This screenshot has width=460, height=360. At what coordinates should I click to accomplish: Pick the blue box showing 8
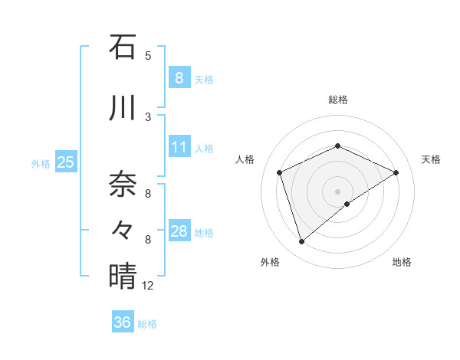pos(179,77)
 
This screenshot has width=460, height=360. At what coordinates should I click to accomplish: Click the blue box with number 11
pos(179,147)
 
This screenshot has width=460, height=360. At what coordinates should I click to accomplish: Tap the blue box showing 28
pos(179,231)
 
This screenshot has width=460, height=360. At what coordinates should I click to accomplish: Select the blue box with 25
pos(65,162)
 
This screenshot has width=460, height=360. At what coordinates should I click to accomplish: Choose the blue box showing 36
pos(122,322)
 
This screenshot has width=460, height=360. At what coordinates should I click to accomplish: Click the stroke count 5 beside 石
pos(148,55)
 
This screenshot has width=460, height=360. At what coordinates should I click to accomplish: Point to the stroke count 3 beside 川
pos(148,116)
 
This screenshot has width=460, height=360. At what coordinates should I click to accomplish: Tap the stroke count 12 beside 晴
pos(148,286)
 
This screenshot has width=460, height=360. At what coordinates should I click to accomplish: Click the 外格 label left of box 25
pos(41,163)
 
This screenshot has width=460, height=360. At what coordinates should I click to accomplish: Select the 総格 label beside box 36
pos(147,324)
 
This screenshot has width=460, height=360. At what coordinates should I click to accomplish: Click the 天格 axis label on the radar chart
pos(431,159)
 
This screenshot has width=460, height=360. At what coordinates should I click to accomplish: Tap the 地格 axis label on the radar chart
pos(402,262)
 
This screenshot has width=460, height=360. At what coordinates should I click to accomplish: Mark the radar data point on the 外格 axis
pos(301,242)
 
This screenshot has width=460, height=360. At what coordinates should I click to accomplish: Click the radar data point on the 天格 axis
pos(396,172)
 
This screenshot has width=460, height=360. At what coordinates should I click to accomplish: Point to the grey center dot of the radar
pos(337,191)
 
